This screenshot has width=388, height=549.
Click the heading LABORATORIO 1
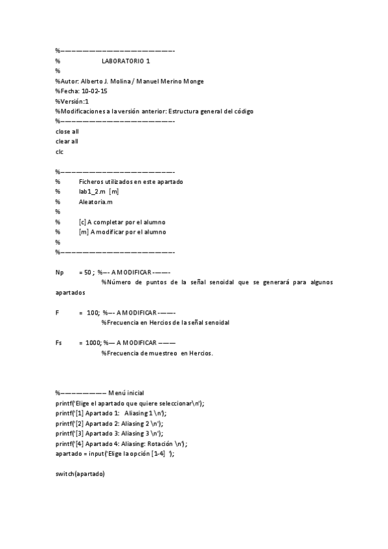tap(126, 61)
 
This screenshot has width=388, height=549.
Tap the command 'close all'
tap(67, 131)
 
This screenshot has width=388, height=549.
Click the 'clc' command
tap(60, 151)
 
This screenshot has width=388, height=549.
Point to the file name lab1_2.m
tap(93, 192)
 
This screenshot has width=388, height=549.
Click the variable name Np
tap(60, 273)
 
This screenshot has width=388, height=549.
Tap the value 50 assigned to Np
tap(86, 273)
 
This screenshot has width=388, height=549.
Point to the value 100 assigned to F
tap(92, 312)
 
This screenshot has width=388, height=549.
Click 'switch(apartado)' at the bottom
tap(80, 473)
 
